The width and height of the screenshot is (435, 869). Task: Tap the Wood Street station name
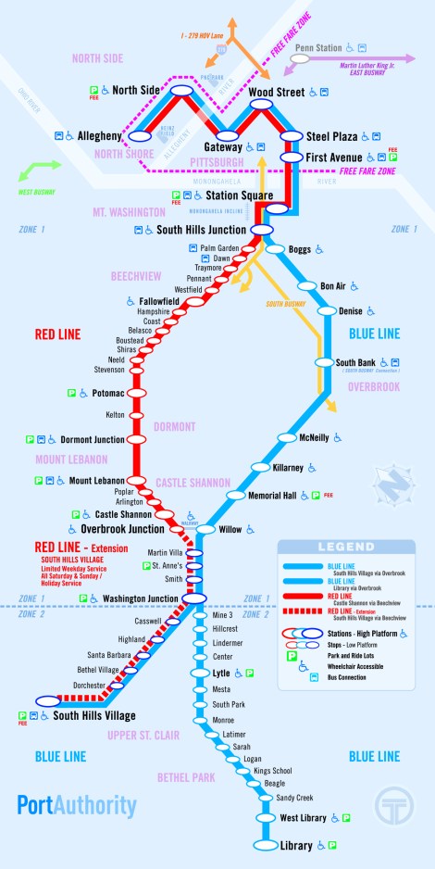277,93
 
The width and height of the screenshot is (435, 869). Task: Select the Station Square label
235,195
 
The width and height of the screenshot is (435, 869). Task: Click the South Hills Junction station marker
261,228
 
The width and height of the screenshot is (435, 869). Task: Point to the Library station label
296,845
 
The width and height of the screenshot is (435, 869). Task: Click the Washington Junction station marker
194,598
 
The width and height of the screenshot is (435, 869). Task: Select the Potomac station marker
138,393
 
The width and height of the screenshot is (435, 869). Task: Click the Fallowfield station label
159,302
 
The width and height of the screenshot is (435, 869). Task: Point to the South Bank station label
354,362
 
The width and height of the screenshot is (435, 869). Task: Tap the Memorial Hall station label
271,496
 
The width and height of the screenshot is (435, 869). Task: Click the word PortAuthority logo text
76,805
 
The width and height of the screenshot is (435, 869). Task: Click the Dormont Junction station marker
138,439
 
